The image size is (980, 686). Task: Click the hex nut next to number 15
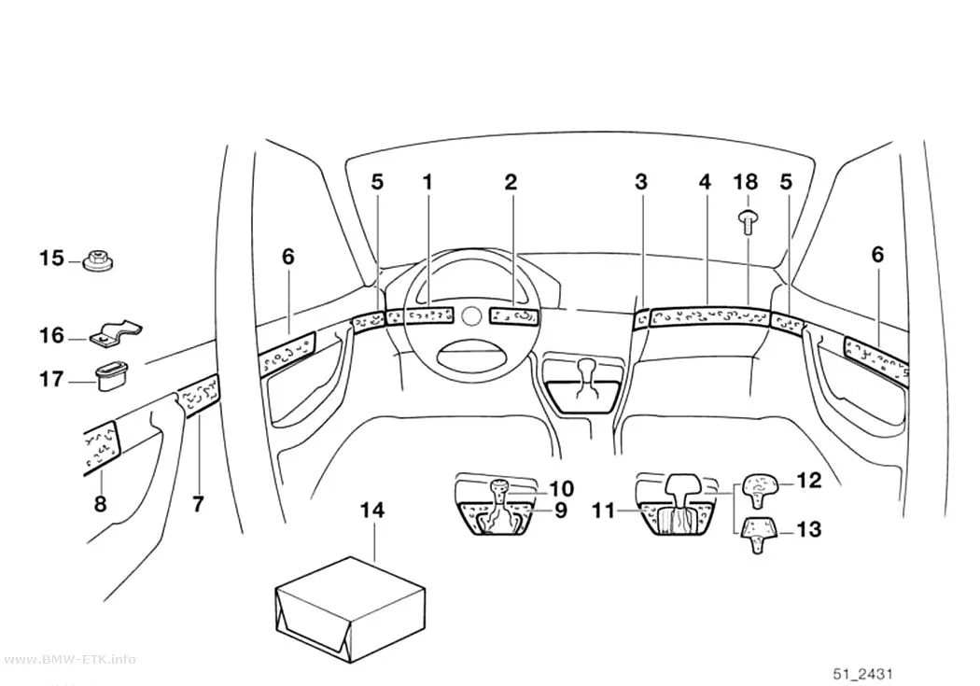point(98,261)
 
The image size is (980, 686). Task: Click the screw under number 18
point(748,222)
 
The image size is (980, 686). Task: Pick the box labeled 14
point(349,609)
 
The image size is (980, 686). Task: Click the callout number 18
point(746,182)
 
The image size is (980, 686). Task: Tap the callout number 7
point(198,504)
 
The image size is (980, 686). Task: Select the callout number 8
point(101,504)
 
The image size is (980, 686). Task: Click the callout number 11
point(604,511)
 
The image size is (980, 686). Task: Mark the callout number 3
point(640,182)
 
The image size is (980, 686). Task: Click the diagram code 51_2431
point(863,674)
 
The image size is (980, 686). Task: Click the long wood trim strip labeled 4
point(708,316)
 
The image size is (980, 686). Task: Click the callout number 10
point(561,488)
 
